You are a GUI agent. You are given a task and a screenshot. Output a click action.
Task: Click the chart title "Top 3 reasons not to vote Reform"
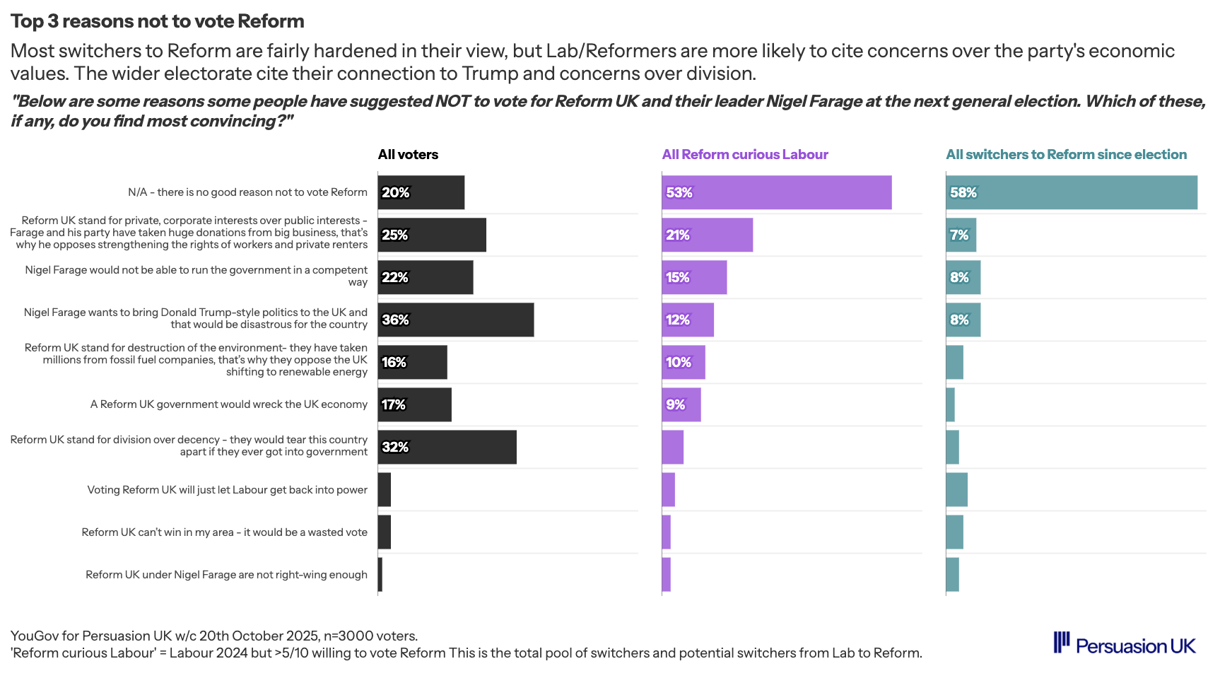[157, 21]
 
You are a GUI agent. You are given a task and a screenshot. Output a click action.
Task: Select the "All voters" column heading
[408, 154]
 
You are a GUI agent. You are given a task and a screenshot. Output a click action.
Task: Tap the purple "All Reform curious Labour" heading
[744, 154]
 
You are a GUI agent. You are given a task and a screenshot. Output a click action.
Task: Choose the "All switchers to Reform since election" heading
[1066, 154]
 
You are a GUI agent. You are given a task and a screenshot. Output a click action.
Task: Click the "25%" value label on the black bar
[395, 235]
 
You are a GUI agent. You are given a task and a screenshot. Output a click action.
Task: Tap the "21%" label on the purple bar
[677, 235]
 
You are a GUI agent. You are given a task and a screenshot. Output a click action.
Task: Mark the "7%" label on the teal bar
[959, 235]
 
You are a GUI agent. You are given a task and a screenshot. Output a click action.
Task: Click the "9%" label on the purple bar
[676, 404]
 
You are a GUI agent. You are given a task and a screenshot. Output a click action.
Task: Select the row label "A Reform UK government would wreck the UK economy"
[229, 404]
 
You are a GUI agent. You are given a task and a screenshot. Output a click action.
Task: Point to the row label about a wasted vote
[224, 532]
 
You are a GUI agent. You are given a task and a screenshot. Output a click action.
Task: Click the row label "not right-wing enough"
[226, 574]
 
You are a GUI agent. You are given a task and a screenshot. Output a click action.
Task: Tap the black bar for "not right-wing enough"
[380, 574]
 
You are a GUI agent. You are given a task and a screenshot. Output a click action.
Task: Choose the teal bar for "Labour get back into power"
[956, 489]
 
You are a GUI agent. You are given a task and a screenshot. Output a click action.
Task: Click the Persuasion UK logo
[1125, 644]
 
